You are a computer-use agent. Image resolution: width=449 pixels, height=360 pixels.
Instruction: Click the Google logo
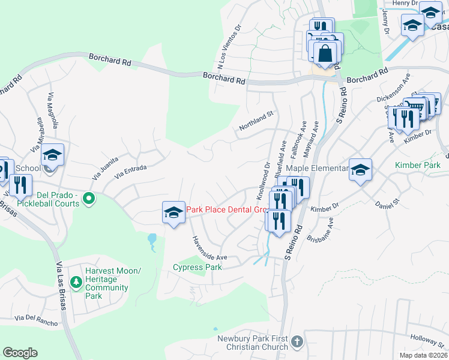(x=20, y=353)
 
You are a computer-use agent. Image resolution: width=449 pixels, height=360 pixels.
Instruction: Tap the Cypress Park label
(x=197, y=267)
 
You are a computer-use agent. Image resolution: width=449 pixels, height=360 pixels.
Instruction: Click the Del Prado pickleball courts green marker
(x=89, y=197)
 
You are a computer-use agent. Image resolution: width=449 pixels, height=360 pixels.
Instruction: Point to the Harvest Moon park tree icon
(x=76, y=281)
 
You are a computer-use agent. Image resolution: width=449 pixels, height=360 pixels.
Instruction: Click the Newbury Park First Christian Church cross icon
(x=296, y=343)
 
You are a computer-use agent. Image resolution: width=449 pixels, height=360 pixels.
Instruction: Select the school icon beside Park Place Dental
(x=173, y=212)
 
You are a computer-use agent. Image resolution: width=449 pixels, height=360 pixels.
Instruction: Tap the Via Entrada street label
(x=130, y=172)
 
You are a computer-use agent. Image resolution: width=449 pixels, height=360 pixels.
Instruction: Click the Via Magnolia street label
(x=52, y=111)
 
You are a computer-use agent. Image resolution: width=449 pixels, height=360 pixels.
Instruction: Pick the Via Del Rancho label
(x=37, y=320)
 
